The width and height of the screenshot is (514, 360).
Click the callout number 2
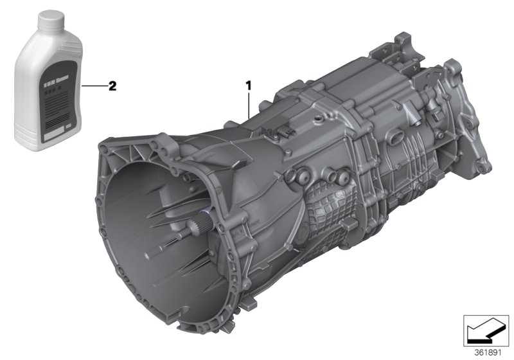point(112,85)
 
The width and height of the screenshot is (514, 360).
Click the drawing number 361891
point(486,352)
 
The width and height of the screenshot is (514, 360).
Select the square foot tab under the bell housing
point(251,299)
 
